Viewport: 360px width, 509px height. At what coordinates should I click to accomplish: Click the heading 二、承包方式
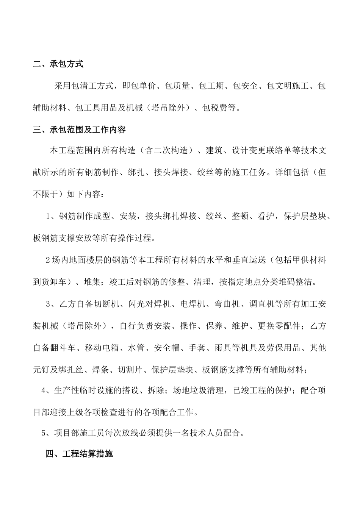tap(58, 64)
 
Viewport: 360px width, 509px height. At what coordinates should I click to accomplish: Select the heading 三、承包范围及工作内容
tap(79, 130)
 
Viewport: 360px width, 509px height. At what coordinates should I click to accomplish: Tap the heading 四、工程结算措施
tap(79, 454)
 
